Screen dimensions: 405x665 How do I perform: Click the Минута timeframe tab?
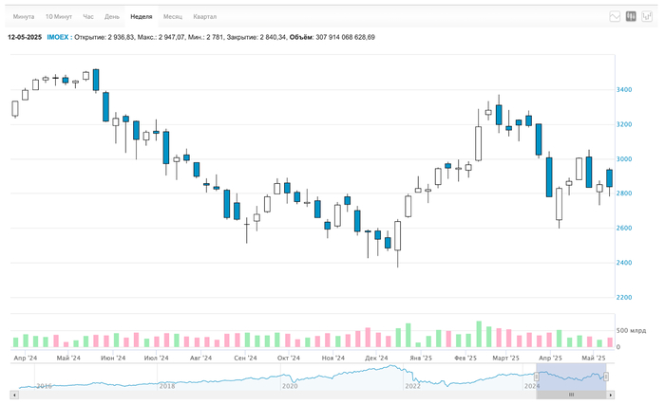[x=24, y=17]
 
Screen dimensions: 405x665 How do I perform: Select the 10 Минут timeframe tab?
[x=58, y=17]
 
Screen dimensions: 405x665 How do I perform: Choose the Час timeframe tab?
[x=88, y=17]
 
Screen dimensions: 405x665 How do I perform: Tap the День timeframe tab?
[x=112, y=17]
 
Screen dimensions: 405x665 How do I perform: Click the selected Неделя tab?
[x=142, y=17]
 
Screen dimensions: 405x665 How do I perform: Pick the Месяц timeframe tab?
[x=173, y=17]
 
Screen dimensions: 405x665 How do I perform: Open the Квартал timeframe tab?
[x=204, y=17]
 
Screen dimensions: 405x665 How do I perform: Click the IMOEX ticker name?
[x=57, y=37]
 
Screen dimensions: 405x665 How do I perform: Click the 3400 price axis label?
[x=623, y=90]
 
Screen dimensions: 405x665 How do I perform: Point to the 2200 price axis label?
[x=623, y=298]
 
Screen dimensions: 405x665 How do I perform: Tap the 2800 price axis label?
[x=623, y=193]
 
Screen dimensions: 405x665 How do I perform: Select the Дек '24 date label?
[x=376, y=359]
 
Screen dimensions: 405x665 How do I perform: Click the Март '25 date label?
[x=505, y=359]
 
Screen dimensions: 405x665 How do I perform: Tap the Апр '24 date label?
[x=26, y=359]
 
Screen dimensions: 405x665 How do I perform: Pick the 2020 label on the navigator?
[x=290, y=386]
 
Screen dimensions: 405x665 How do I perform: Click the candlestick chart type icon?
[x=631, y=17]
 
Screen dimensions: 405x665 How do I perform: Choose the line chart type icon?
[x=615, y=17]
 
